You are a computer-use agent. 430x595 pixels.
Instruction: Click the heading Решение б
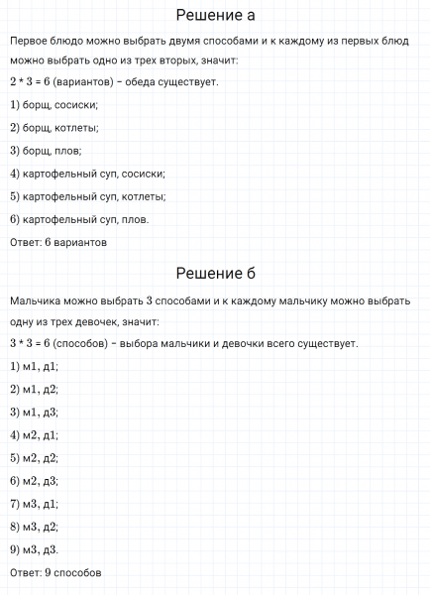coord(215,274)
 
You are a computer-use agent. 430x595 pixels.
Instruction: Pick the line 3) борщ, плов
coord(45,150)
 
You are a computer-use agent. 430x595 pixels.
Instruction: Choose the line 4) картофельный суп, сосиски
coord(86,173)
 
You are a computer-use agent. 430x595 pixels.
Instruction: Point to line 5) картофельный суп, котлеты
coord(88,195)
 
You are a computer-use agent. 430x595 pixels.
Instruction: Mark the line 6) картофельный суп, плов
coord(79,218)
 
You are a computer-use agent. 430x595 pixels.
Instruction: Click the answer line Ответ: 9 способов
coord(55,572)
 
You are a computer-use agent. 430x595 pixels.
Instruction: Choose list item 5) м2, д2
coord(34,457)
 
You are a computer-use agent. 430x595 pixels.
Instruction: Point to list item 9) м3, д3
coord(34,549)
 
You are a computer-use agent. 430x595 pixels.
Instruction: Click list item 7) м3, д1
coord(34,504)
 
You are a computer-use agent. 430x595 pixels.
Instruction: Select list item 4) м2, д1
coord(34,434)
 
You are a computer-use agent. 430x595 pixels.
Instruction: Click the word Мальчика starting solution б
coord(36,299)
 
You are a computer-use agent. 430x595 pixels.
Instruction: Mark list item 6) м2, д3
coord(34,481)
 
